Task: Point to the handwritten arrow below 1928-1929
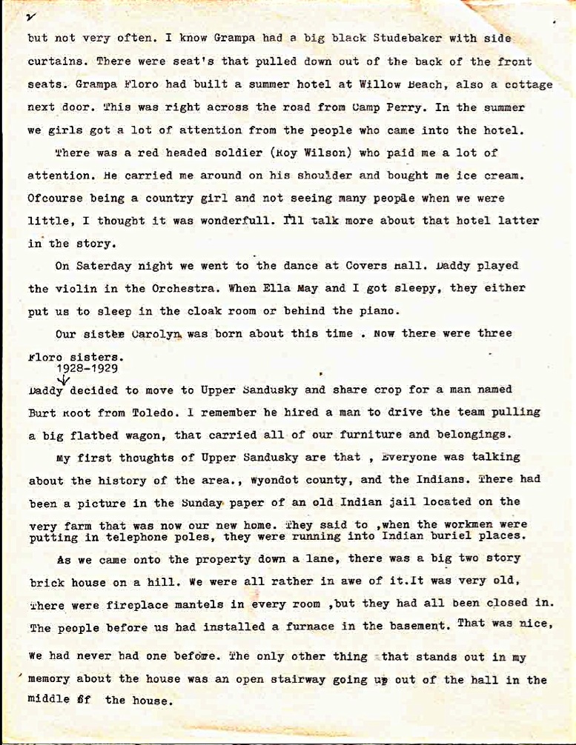click(x=64, y=379)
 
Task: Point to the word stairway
click(x=293, y=680)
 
